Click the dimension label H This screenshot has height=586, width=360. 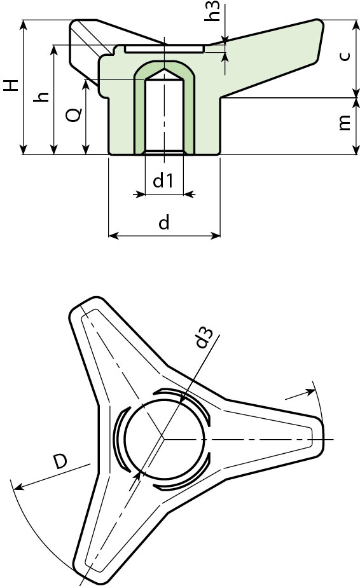11,86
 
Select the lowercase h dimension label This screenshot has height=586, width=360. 42,97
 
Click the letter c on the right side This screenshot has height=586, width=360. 344,56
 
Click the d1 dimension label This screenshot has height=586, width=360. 163,181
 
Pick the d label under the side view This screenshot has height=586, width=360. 163,222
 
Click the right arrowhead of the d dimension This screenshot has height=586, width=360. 217,236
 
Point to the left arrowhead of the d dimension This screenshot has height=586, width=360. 113,236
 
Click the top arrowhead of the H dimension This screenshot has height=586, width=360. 24,24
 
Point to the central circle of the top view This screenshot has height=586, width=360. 164,439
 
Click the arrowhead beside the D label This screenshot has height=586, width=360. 18,487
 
